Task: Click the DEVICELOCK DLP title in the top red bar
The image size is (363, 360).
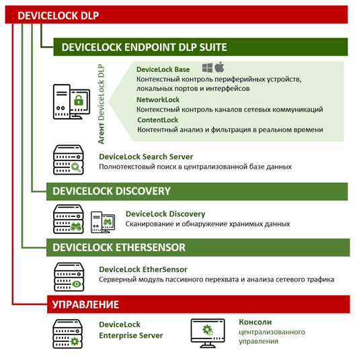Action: (58, 15)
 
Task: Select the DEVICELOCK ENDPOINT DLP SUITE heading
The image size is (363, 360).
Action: (144, 47)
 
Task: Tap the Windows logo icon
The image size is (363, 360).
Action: (207, 68)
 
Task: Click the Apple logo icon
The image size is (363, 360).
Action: (219, 67)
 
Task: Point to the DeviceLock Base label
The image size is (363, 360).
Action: (163, 69)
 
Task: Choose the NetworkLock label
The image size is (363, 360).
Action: (158, 99)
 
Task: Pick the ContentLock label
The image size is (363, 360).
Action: (158, 120)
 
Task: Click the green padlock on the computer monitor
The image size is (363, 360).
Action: (79, 101)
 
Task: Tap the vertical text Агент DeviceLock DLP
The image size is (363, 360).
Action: (101, 104)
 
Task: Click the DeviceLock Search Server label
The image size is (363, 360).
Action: (146, 156)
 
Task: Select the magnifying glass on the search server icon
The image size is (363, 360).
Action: (76, 167)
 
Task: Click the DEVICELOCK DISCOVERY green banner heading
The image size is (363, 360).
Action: (112, 191)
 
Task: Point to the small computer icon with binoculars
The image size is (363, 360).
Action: (103, 222)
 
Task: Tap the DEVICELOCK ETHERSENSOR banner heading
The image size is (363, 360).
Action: (119, 248)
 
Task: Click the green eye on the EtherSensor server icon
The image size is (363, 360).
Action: (77, 283)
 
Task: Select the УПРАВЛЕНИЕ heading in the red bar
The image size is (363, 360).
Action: (85, 304)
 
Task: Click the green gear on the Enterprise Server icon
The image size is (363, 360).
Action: (75, 341)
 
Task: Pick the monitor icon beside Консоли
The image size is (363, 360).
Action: (208, 332)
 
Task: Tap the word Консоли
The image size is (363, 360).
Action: (255, 322)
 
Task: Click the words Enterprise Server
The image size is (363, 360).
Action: (131, 335)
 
